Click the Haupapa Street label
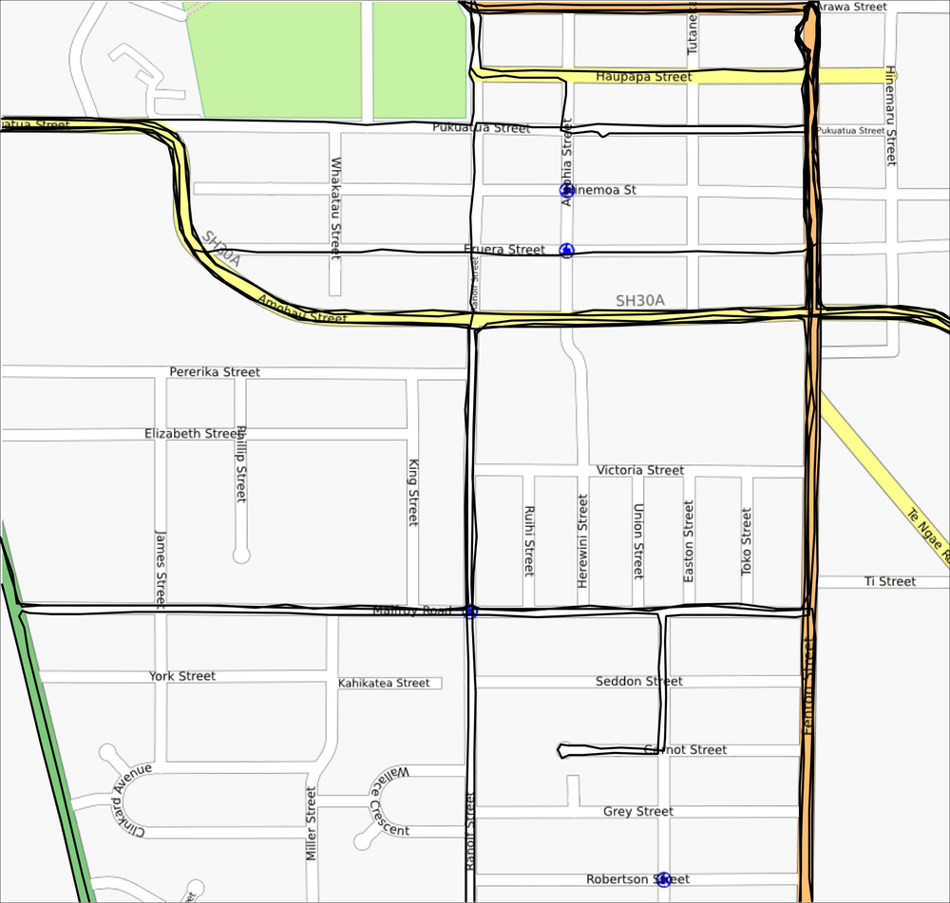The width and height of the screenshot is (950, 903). (x=643, y=77)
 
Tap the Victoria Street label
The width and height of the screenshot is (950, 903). (x=639, y=470)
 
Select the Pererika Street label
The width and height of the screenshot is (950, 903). (x=215, y=372)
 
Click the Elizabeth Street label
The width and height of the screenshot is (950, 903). (x=193, y=433)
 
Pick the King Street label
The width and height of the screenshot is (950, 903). (x=413, y=493)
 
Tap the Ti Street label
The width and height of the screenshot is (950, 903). (x=889, y=581)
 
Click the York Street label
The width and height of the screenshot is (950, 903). (x=182, y=676)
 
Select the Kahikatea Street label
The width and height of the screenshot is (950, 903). (x=384, y=683)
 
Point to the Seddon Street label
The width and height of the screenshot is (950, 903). (x=638, y=681)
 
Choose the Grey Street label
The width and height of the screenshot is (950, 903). (x=638, y=811)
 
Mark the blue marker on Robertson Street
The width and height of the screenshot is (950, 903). (x=664, y=879)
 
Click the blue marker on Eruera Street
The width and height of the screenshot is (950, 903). (x=566, y=250)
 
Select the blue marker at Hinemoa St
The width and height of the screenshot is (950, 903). (x=567, y=190)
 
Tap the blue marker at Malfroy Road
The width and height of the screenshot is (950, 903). (x=469, y=611)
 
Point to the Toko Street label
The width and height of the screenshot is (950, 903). (x=746, y=541)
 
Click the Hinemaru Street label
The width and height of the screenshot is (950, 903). (x=890, y=116)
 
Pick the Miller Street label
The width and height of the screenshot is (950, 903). (x=311, y=824)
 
